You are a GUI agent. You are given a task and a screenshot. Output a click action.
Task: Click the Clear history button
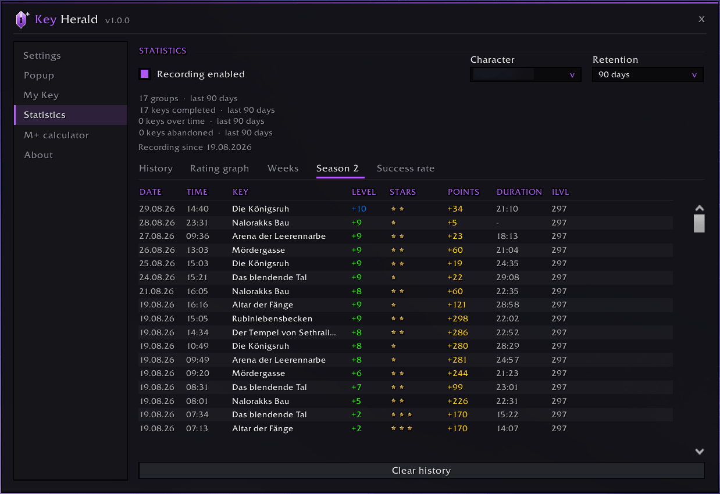(422, 471)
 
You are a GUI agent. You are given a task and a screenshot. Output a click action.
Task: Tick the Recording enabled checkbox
(145, 74)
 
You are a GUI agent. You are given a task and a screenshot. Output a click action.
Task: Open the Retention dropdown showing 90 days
(648, 74)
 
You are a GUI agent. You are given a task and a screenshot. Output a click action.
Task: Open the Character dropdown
(526, 74)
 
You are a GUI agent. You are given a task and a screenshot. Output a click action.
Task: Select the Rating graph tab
(219, 169)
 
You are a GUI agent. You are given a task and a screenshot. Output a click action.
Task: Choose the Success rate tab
(405, 169)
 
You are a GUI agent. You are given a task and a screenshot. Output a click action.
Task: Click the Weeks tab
(283, 169)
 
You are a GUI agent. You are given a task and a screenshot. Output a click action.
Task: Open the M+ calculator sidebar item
(56, 135)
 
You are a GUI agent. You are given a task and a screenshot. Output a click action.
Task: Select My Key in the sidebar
(41, 95)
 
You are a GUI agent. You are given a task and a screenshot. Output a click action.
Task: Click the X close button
(701, 19)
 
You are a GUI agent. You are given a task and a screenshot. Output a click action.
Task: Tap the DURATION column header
(519, 192)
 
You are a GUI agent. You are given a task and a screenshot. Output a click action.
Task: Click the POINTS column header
(464, 192)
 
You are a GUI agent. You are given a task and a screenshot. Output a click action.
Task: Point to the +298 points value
(458, 318)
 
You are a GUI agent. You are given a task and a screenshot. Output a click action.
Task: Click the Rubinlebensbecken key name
(272, 318)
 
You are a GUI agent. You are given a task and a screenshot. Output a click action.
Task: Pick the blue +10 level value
(359, 209)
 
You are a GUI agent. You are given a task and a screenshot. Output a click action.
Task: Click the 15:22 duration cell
(508, 414)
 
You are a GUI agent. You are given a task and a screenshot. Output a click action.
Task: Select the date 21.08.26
(157, 291)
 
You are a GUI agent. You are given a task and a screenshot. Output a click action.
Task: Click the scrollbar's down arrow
(700, 451)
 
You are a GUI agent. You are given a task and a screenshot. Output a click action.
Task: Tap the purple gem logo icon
(22, 20)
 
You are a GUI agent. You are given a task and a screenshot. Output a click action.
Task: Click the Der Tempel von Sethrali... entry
(284, 332)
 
